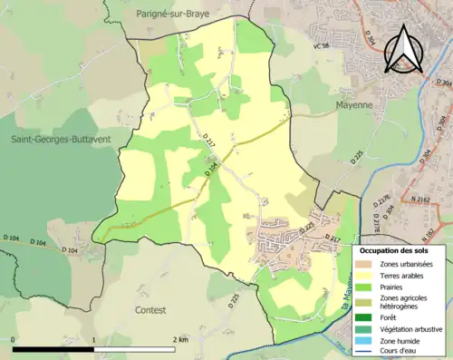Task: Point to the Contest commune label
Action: tap(150, 310)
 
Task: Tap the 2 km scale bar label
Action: tap(179, 339)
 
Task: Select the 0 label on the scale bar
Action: tap(15, 339)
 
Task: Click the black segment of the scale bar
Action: tap(54, 349)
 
